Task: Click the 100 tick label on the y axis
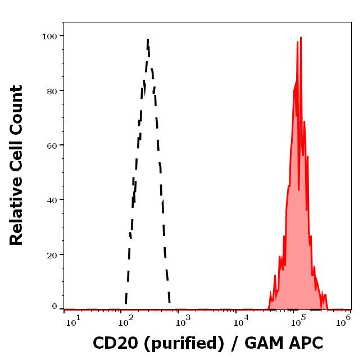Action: pos(49,36)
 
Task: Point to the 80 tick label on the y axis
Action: pos(52,90)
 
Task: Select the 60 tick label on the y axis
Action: pos(52,145)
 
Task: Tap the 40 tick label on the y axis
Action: pos(52,199)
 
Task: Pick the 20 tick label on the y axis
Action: pos(52,254)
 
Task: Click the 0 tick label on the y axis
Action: pos(55,307)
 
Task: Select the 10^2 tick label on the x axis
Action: pos(125,320)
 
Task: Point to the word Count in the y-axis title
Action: pos(17,106)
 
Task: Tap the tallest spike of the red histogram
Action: pos(301,38)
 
